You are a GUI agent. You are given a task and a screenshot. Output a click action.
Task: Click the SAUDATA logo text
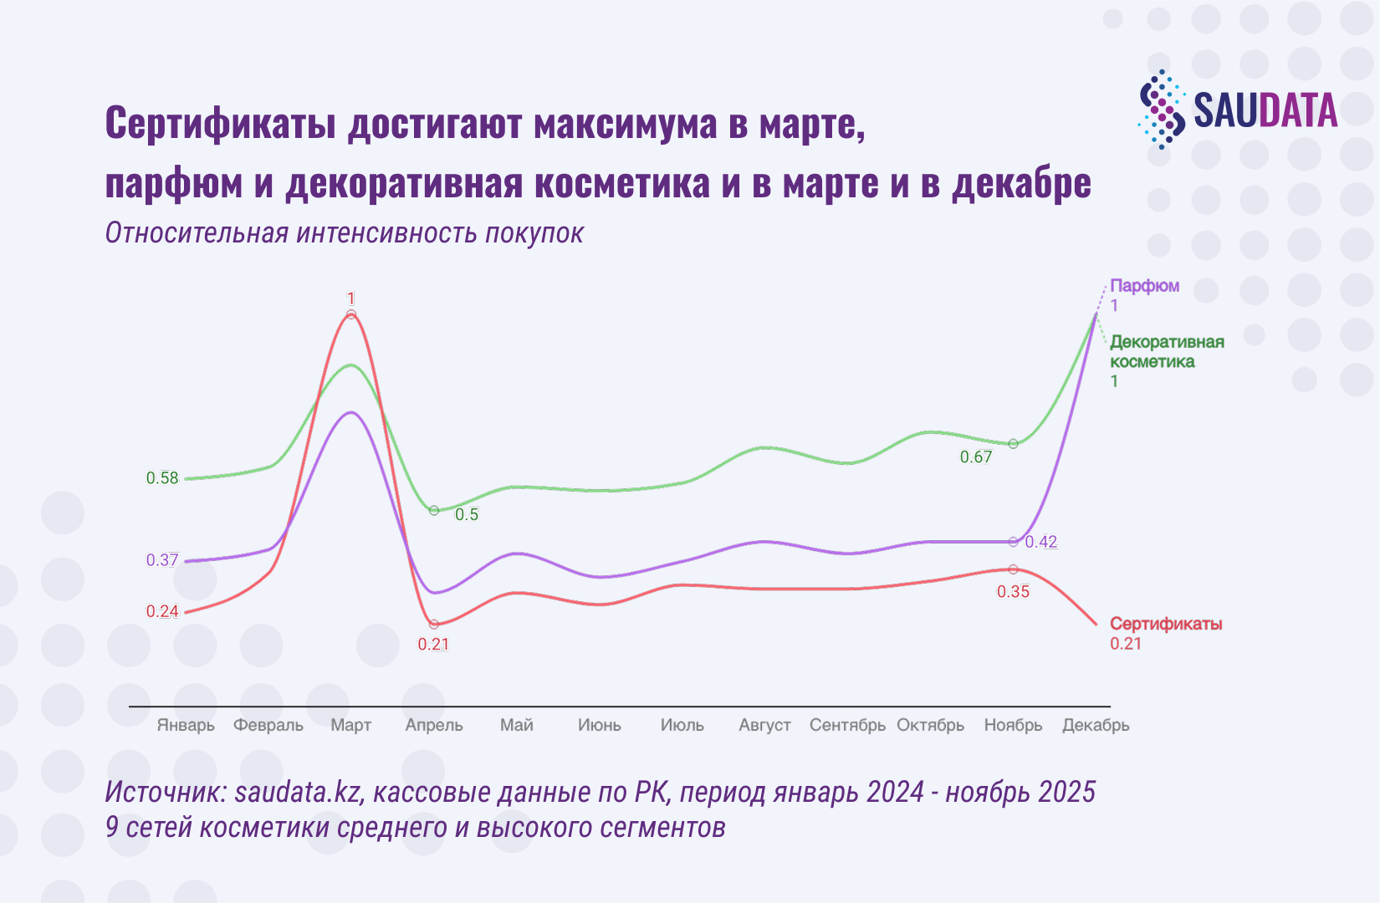pos(1265,110)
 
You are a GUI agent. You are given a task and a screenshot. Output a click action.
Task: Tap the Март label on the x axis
pos(350,725)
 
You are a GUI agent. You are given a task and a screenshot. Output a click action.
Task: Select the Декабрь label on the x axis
pos(1096,725)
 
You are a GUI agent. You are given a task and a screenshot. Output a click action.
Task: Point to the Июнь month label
pos(599,725)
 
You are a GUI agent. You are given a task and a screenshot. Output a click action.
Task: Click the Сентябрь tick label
pos(847,725)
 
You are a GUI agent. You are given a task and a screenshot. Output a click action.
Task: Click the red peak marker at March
pos(351,314)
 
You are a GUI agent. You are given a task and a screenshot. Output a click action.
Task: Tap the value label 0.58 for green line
pos(162,478)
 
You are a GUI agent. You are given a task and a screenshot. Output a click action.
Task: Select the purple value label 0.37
pos(162,560)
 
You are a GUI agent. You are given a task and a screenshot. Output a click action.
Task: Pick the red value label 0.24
pos(162,611)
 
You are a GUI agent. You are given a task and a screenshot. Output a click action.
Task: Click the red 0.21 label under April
pos(433,644)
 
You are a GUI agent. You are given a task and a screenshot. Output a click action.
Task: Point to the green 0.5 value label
pos(467,514)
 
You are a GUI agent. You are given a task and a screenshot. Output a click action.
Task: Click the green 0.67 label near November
pos(975,457)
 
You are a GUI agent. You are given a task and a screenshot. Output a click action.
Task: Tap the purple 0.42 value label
pos(1041,542)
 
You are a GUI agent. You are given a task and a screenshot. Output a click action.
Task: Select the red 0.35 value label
pos(1013,591)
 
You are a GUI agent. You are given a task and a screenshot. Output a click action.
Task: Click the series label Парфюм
pos(1144,286)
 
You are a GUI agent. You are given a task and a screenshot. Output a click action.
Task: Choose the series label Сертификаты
pos(1166,624)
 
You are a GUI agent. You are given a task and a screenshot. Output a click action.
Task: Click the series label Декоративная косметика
pos(1166,352)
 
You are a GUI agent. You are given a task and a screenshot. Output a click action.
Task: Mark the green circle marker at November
pos(1013,444)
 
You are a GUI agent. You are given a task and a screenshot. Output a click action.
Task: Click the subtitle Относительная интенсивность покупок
pos(344,233)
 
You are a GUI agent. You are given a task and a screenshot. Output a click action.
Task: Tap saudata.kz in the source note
pos(299,791)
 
